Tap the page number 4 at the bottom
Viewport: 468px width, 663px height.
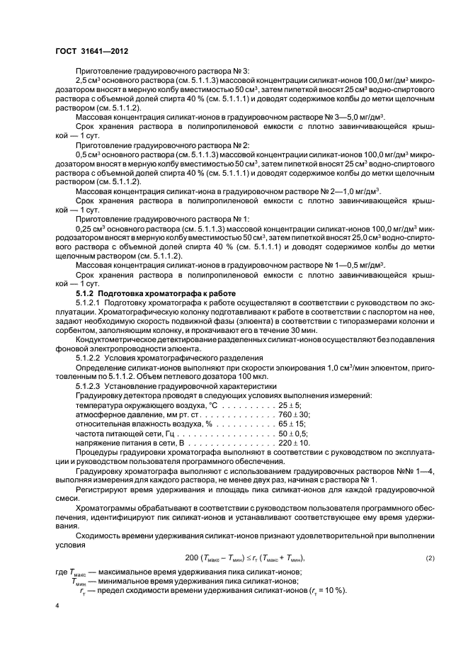(x=57, y=606)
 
